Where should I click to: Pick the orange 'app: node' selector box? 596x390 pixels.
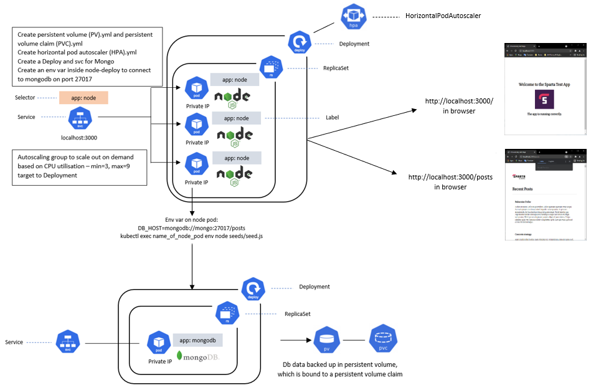83,98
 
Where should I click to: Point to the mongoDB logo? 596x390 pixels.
198,357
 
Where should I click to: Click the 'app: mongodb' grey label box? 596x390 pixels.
197,340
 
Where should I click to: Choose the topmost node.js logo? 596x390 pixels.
232,98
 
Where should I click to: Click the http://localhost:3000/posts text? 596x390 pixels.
450,177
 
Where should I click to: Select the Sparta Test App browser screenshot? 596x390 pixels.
544,88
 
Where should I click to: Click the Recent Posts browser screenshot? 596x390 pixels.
544,194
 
